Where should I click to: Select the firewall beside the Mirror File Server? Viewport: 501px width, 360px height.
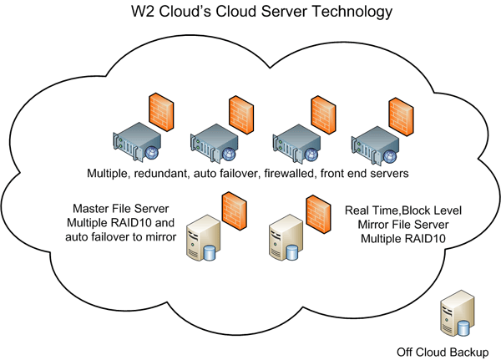[x=316, y=212]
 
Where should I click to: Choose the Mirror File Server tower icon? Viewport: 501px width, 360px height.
[x=282, y=241]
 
